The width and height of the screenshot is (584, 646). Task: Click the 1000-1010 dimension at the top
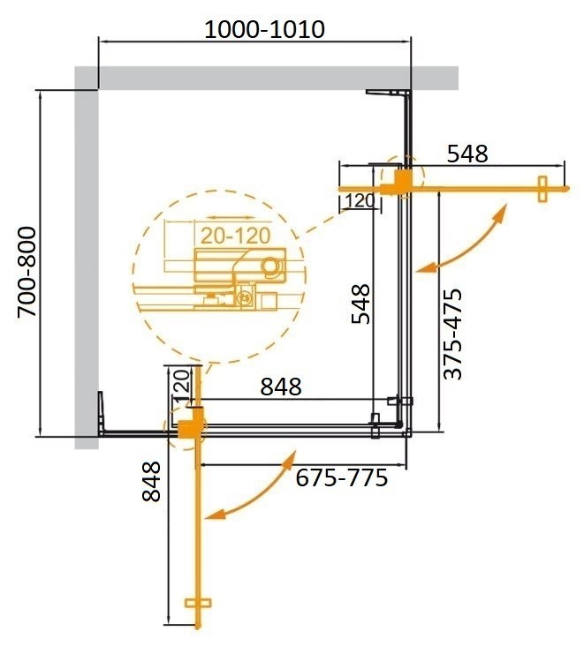[x=264, y=30]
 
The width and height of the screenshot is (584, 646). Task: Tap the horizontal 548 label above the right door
[x=467, y=154]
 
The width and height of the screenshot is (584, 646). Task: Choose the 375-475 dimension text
[x=452, y=334]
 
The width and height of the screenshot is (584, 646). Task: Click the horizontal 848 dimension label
[x=280, y=387]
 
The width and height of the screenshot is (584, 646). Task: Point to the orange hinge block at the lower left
[x=188, y=427]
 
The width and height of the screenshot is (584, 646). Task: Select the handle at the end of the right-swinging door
[x=543, y=188]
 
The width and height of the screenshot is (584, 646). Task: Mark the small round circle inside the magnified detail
[x=270, y=265]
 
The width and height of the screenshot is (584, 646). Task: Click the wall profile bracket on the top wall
[x=389, y=93]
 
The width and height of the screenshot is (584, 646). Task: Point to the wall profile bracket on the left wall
[x=104, y=413]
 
